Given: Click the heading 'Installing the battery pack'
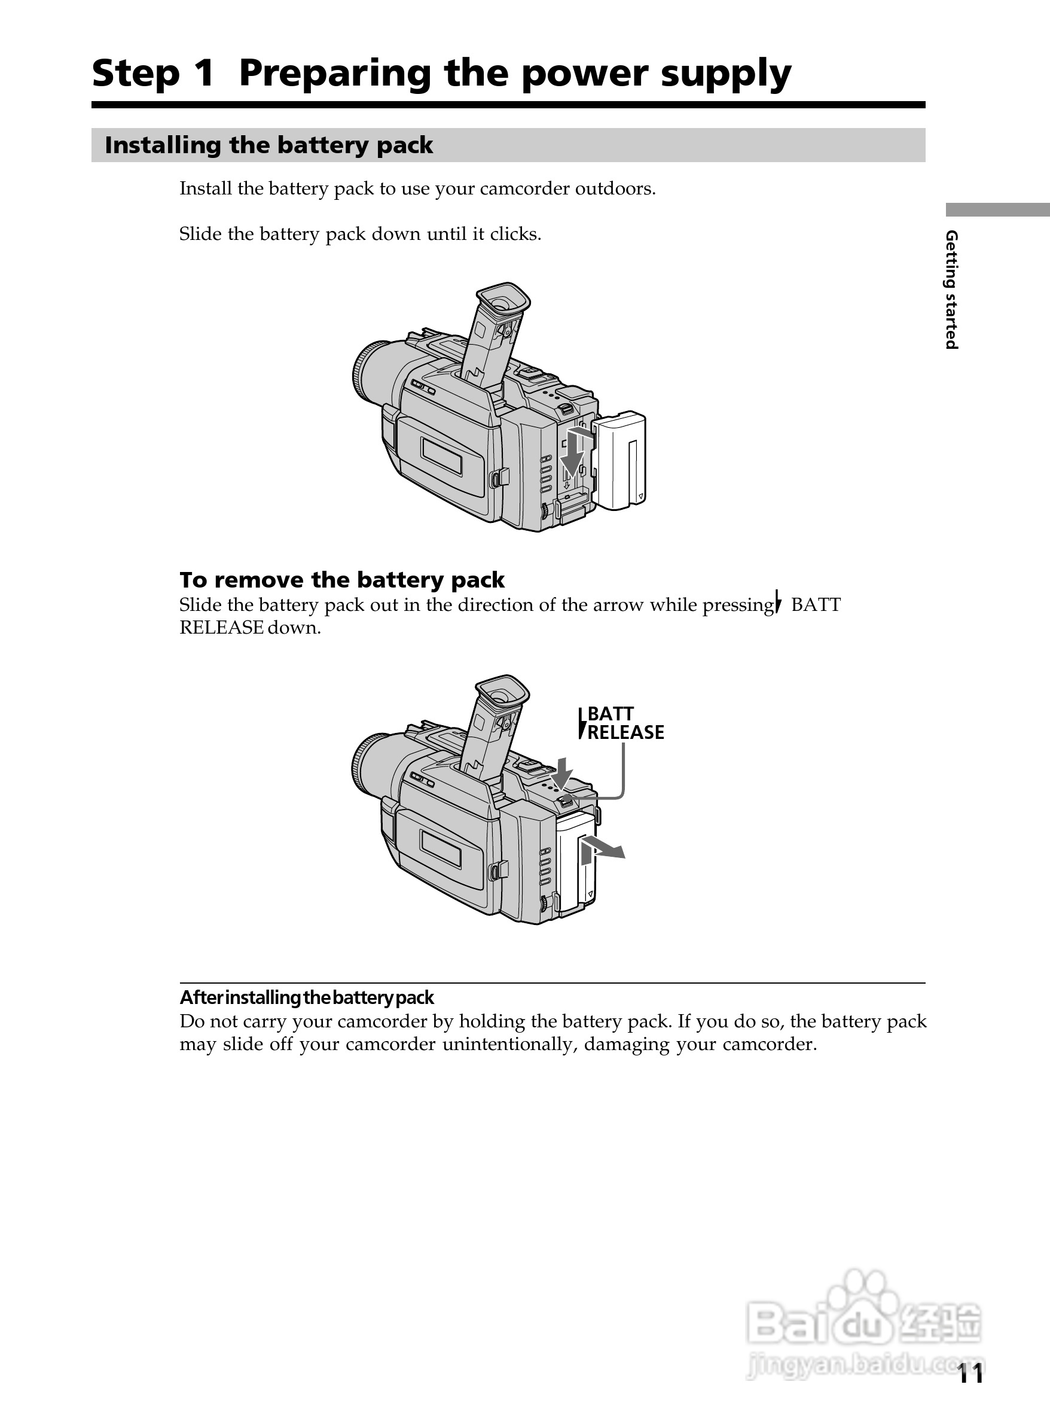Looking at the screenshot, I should pos(268,145).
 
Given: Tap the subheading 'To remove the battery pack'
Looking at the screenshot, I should pos(341,580).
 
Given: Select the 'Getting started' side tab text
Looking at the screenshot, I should pos(951,290).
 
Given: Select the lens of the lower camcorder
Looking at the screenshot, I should pos(370,766).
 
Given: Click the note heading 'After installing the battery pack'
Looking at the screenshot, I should pos(306,997).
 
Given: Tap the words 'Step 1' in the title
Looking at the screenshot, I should pos(152,74).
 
